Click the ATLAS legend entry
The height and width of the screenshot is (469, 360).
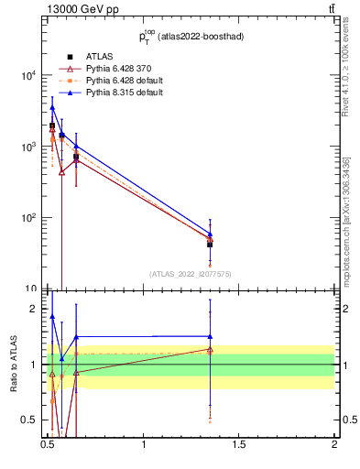[x=97, y=57]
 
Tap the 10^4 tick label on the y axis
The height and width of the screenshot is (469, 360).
[x=29, y=76]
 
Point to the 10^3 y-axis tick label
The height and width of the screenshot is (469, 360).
[x=29, y=147]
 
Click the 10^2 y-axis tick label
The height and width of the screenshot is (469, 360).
[x=29, y=218]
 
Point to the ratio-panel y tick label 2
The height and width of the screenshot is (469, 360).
[x=37, y=309]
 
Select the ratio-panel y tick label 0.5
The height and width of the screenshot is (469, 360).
[x=33, y=420]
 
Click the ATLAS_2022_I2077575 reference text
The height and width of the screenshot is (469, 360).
[x=191, y=274]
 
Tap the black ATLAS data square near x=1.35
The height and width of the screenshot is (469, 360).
[x=210, y=245]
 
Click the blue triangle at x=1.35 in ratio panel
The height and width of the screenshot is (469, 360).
[x=210, y=336]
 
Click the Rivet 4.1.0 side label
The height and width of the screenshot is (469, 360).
[x=346, y=78]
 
